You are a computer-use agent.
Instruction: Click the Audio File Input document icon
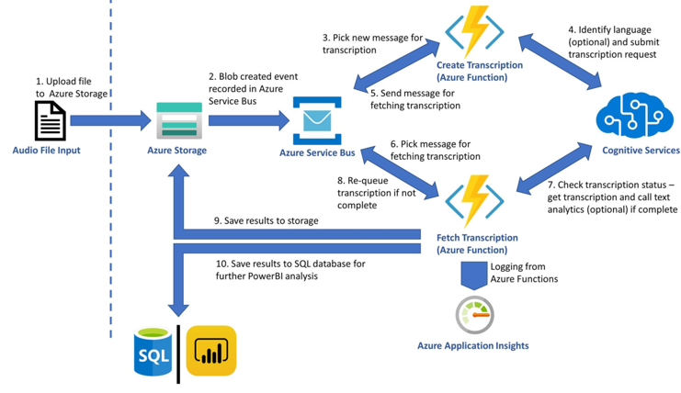tap(50, 120)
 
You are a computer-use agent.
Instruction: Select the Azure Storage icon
tap(178, 120)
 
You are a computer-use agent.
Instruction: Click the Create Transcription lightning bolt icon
tap(474, 32)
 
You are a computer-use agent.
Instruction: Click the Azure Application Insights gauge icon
tap(474, 315)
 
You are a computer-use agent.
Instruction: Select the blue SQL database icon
tap(153, 352)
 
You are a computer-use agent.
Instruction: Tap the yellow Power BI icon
tap(211, 351)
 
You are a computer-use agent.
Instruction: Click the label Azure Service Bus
tap(317, 152)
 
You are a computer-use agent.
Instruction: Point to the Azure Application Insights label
tap(473, 346)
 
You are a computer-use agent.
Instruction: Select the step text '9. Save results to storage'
tap(266, 220)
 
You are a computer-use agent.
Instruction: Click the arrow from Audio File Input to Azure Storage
tap(108, 120)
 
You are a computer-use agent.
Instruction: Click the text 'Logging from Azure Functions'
tap(524, 272)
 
